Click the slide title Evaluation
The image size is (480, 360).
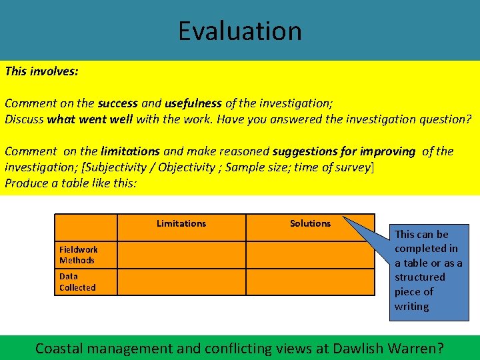point(239,31)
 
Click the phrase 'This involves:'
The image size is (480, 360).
point(41,70)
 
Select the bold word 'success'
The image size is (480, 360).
point(117,103)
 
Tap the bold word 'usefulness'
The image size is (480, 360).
point(193,103)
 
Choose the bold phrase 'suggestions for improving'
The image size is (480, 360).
point(343,151)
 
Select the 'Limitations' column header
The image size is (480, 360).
point(181,224)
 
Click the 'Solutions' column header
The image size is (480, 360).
point(310,224)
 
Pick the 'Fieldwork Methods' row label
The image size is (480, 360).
point(79,255)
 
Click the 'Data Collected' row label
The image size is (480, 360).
point(77,282)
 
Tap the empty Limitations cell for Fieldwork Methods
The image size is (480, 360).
point(181,255)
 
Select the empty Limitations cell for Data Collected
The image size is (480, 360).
point(181,282)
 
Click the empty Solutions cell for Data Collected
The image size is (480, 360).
point(310,282)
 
